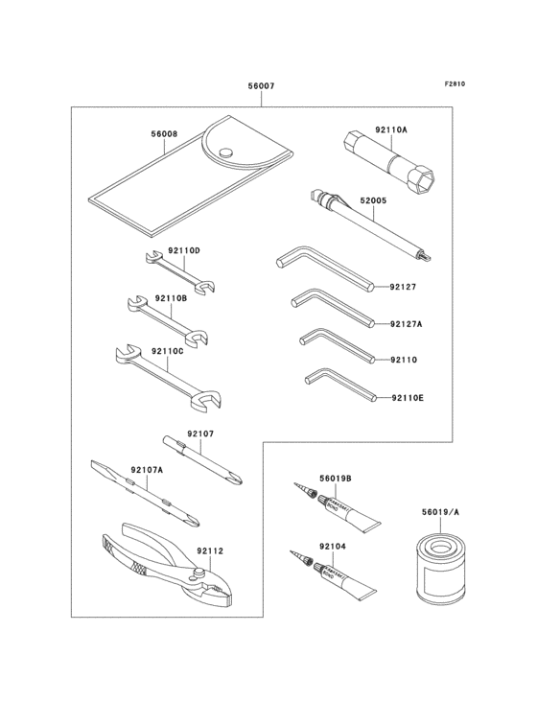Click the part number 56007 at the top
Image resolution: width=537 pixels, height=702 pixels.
(261, 86)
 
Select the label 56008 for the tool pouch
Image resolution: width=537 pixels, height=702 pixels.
(164, 135)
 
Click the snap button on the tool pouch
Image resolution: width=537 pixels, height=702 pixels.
(226, 151)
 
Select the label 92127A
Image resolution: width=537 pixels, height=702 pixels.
(407, 324)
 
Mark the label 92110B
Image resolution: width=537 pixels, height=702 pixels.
(170, 298)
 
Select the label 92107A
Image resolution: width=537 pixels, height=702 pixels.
(147, 470)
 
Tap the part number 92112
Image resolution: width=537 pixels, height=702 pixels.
(210, 550)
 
